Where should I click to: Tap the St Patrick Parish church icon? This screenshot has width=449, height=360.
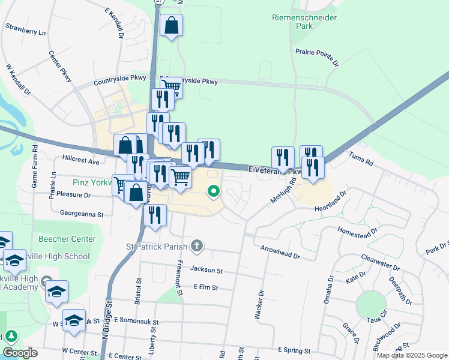(197, 245)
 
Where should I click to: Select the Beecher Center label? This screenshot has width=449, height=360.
(71, 239)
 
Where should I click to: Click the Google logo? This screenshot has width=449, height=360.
(20, 353)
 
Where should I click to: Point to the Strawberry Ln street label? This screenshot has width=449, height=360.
(26, 29)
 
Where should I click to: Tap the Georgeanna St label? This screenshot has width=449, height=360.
(82, 213)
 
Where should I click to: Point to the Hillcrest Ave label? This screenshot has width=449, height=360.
(80, 161)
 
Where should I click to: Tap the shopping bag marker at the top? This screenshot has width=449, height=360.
(171, 26)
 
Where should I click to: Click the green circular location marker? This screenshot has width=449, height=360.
(213, 192)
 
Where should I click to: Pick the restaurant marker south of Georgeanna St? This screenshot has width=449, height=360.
(155, 216)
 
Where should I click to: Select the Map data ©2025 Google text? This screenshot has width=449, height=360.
(411, 355)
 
